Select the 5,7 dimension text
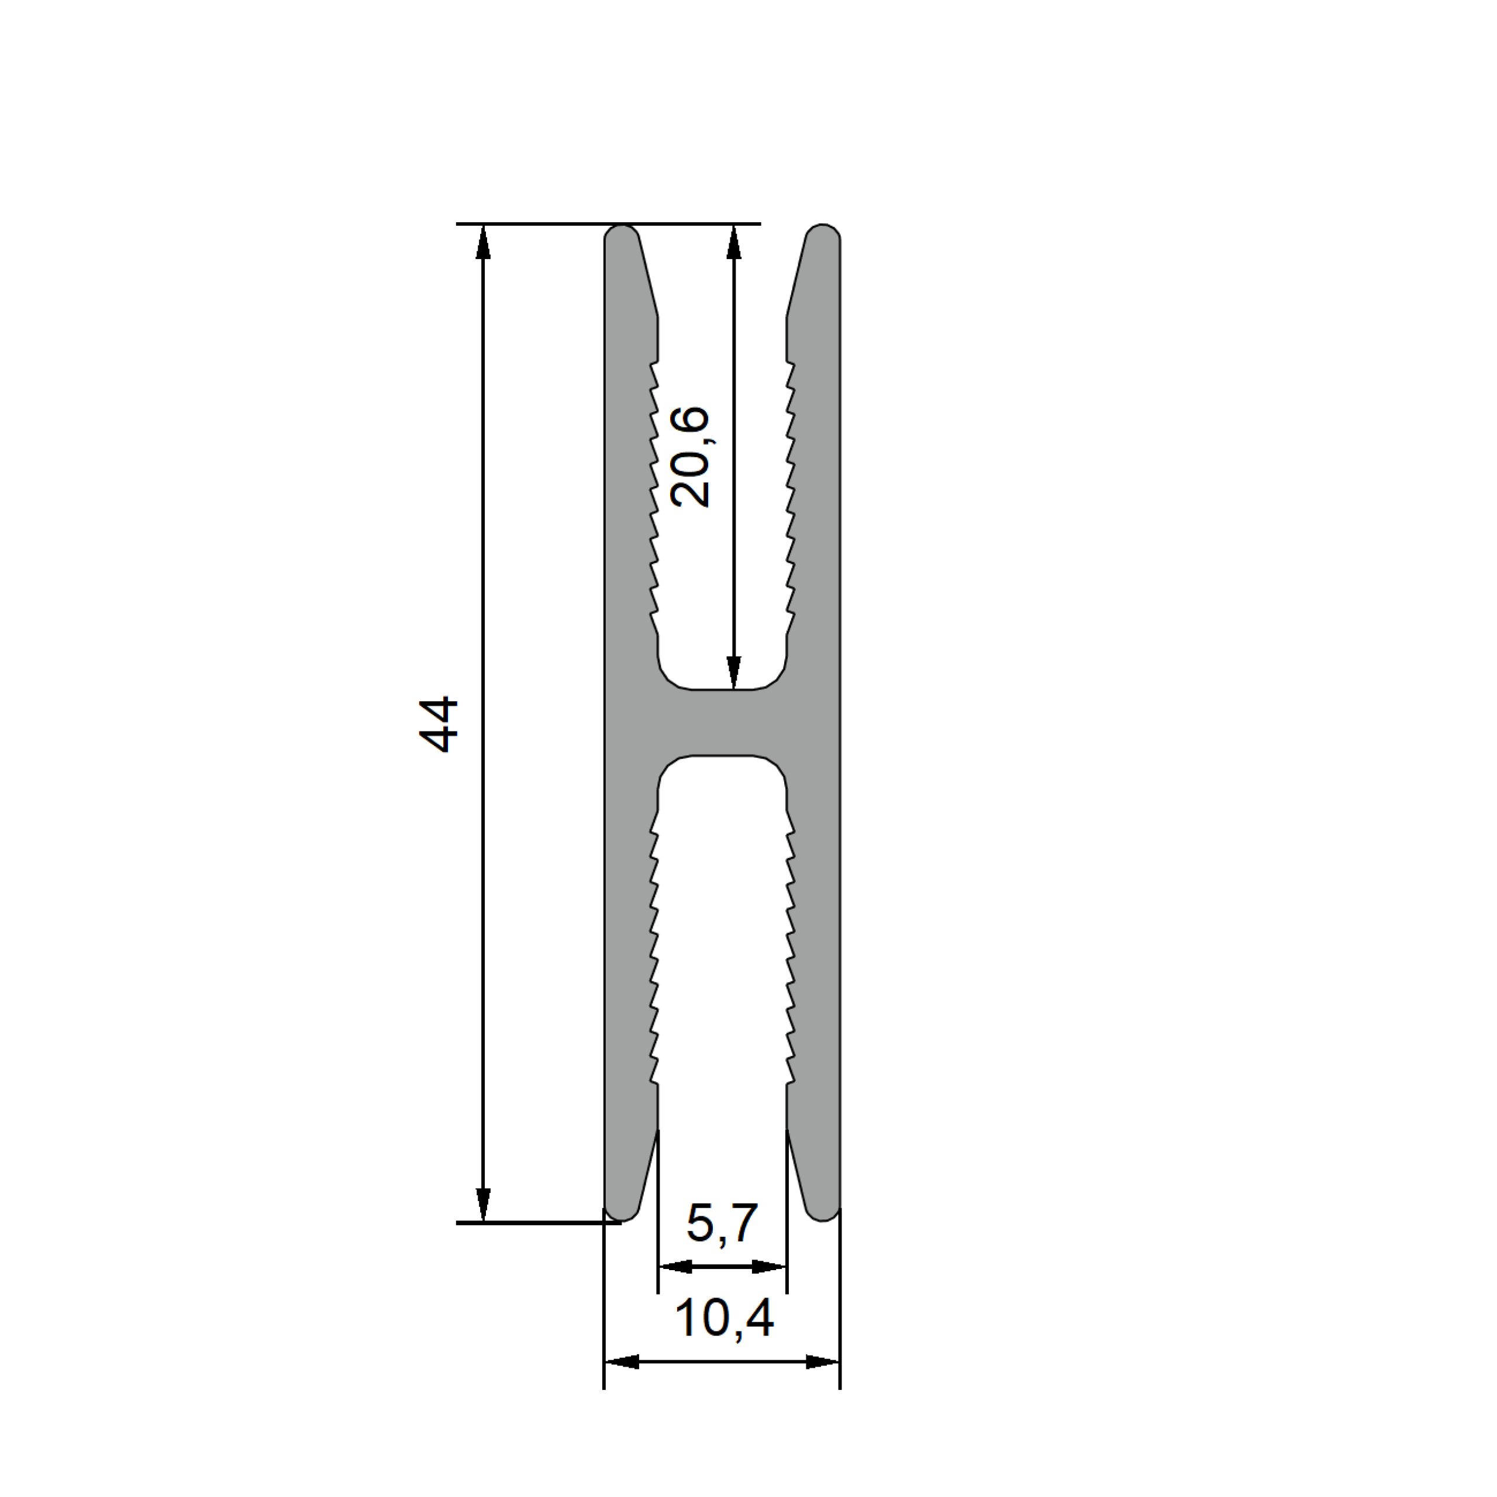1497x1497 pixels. (x=722, y=1223)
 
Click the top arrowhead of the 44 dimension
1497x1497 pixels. (x=484, y=242)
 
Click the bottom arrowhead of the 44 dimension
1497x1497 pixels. (x=484, y=1205)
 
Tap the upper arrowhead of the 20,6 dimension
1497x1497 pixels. (x=734, y=242)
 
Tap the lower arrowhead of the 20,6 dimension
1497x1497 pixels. (x=734, y=672)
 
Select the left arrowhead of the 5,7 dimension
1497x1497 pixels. (x=675, y=1267)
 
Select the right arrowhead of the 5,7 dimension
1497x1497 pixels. (x=770, y=1267)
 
